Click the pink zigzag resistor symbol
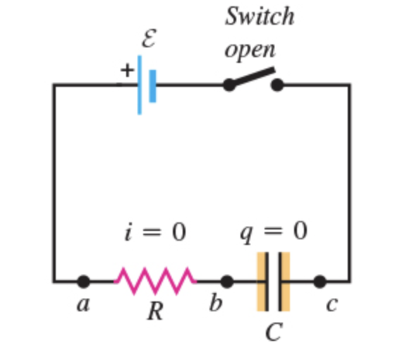[x=155, y=281]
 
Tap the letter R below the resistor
[x=155, y=311]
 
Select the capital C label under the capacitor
[x=274, y=332]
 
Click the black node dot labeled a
[x=84, y=282]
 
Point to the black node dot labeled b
[x=226, y=282]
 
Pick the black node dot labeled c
[x=320, y=282]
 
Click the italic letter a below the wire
[x=83, y=304]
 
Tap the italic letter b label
[x=216, y=301]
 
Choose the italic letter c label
[x=332, y=304]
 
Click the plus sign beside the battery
[x=127, y=70]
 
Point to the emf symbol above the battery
[x=149, y=38]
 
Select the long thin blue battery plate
[x=140, y=85]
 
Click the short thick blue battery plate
[x=152, y=86]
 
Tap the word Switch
[x=260, y=16]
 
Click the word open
[x=250, y=50]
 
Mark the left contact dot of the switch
[x=229, y=85]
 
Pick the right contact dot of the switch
[x=277, y=85]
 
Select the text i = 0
[x=155, y=232]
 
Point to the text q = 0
[x=274, y=232]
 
